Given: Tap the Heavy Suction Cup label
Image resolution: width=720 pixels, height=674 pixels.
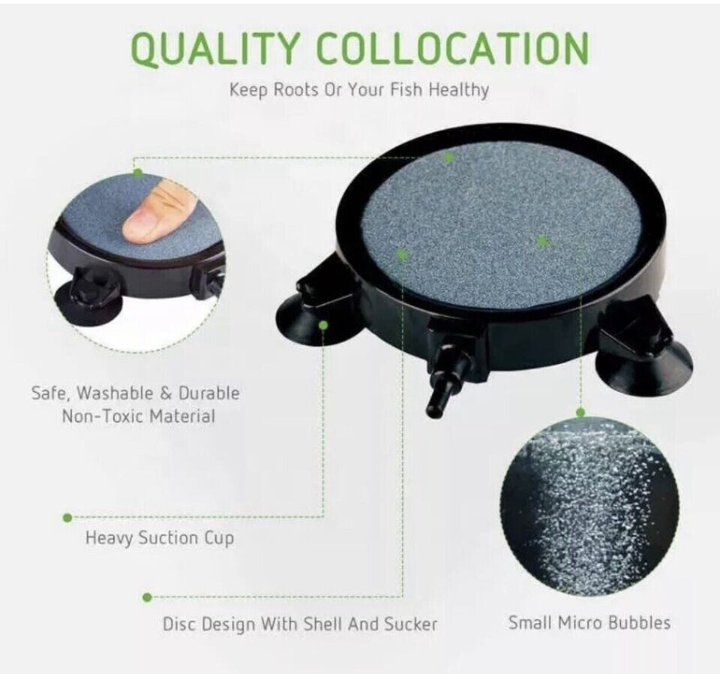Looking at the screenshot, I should pos(159,538).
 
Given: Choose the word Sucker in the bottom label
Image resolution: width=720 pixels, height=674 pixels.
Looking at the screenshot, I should pos(410,624).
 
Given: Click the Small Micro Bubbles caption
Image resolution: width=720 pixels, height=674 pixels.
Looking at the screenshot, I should pos(589,622).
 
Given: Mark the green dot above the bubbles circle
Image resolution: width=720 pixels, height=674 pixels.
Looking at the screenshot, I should pos(580,412).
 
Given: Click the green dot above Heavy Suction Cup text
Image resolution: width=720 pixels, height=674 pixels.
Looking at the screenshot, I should pos(67,517).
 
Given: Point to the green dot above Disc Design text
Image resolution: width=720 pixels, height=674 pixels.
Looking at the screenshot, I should pos(147,597).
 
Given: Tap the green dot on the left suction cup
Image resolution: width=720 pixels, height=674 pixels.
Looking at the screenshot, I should pos(323,324).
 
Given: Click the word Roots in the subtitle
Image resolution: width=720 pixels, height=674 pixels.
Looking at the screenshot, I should pos(290,90).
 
